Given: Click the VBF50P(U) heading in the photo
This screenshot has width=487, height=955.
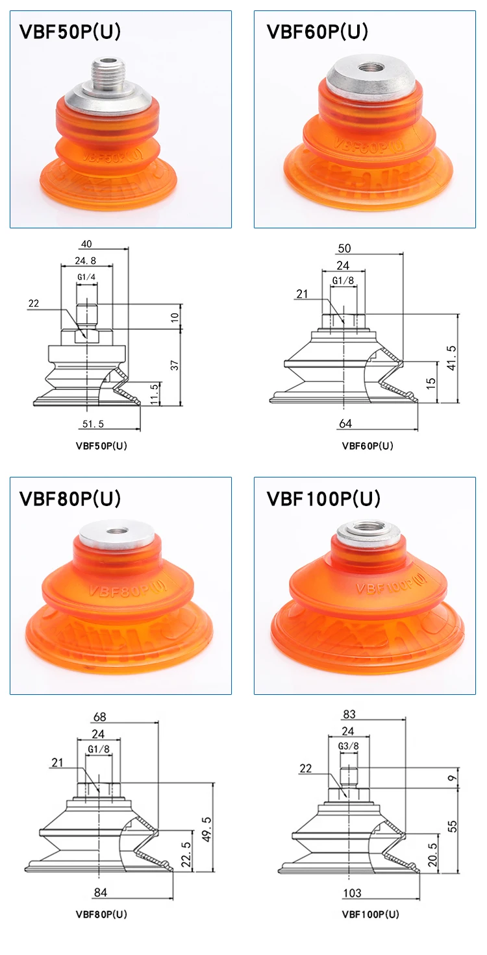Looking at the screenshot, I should tap(70, 32).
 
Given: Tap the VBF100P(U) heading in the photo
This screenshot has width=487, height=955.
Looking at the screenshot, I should tap(323, 499).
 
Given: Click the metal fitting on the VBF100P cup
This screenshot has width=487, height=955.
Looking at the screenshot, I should tap(368, 537).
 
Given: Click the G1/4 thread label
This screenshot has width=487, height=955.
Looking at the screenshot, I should tap(86, 277).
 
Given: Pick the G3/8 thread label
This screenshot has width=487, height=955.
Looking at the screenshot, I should tap(348, 746).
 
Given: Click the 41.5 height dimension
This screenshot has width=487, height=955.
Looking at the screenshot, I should tap(452, 357).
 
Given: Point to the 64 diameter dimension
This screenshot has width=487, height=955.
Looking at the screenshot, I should tap(345, 424).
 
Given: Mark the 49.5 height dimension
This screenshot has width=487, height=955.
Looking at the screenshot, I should tap(206, 825).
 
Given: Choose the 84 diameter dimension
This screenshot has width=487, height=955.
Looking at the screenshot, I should tap(100, 892).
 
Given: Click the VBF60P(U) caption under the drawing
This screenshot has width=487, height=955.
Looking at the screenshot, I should tap(368, 446).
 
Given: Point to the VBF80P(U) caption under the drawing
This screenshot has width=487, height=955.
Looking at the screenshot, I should tap(101, 914).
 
